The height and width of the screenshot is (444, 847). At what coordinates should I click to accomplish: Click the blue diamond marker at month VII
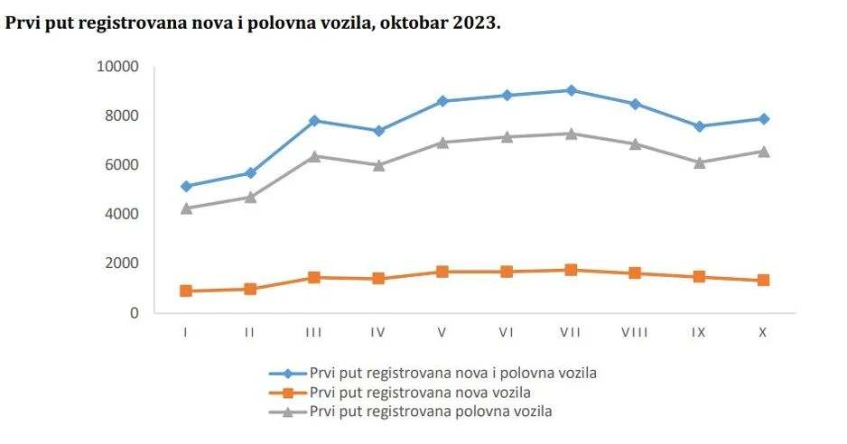click(x=571, y=90)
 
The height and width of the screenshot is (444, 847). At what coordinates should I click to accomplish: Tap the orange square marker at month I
click(x=186, y=291)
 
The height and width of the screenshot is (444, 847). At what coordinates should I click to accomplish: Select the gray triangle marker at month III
click(x=314, y=156)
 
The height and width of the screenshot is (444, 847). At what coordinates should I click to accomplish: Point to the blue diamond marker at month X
click(x=763, y=118)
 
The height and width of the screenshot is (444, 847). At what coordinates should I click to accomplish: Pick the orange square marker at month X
click(x=763, y=281)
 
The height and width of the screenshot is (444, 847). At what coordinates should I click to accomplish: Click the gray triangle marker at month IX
click(x=699, y=162)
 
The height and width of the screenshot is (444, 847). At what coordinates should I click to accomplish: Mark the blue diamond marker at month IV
click(x=378, y=131)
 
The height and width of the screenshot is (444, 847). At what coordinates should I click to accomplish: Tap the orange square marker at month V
click(x=442, y=272)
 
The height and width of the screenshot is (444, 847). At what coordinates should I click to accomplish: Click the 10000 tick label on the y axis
click(x=118, y=67)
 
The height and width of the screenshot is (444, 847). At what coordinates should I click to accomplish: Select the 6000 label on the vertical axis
click(x=122, y=165)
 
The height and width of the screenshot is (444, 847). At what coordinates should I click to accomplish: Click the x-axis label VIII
click(x=635, y=332)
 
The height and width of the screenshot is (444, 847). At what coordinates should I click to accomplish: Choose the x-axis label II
click(x=250, y=332)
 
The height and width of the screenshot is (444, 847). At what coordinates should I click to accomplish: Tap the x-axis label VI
click(x=507, y=332)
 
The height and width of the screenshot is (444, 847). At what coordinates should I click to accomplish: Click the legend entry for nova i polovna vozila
click(x=453, y=373)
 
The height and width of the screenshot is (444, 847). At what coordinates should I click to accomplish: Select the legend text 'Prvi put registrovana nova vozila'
click(x=419, y=393)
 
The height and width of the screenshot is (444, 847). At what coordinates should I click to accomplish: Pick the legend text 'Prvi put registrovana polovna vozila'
click(x=430, y=412)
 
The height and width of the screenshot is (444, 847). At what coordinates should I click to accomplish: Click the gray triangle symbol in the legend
click(x=288, y=412)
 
